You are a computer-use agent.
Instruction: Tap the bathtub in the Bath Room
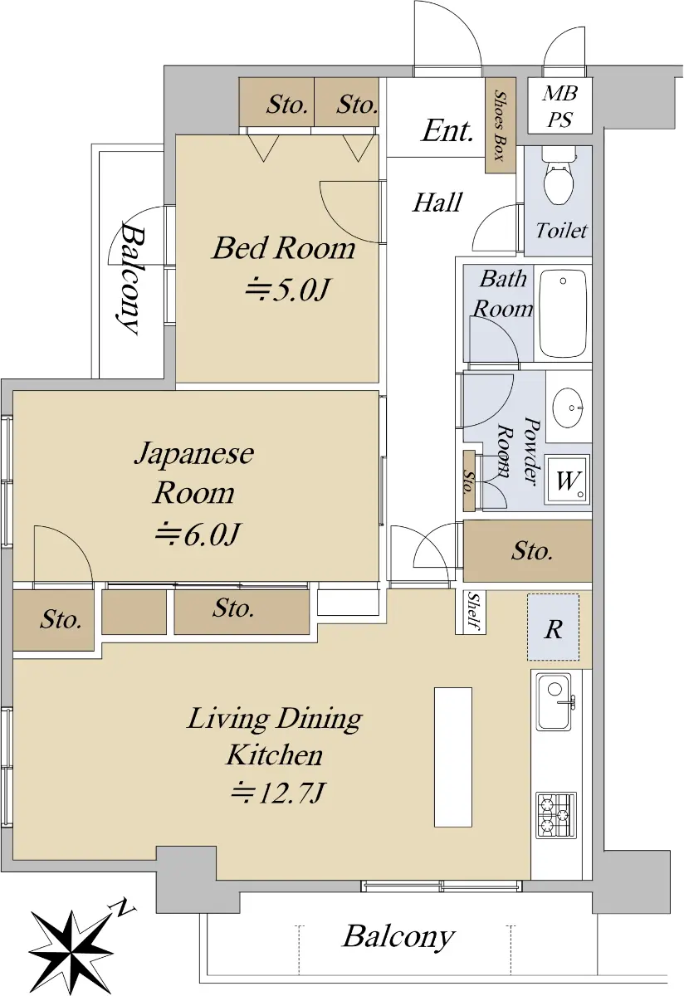click(563, 314)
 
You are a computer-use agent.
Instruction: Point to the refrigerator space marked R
click(553, 627)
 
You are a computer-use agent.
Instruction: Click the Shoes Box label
click(501, 126)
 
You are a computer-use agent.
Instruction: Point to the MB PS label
click(560, 106)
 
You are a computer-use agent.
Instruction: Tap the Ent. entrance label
click(447, 132)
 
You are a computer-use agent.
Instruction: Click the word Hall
click(437, 203)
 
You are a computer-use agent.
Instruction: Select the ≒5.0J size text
click(288, 290)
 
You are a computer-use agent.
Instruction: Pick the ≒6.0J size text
click(198, 533)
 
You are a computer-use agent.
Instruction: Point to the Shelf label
click(473, 612)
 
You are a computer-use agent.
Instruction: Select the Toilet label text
click(561, 231)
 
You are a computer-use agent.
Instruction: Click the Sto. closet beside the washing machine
click(469, 481)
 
